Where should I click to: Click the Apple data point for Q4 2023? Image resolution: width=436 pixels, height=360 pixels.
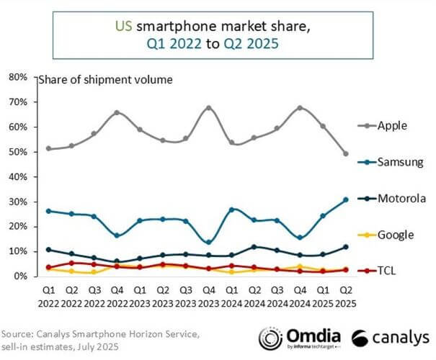coord(209,108)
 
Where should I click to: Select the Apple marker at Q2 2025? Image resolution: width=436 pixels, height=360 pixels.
coord(345,153)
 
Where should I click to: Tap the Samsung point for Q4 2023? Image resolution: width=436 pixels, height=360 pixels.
coord(209,242)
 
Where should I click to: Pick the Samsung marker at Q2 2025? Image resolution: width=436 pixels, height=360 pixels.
coord(345,199)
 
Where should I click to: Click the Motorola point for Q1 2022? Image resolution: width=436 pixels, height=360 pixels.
coord(48,250)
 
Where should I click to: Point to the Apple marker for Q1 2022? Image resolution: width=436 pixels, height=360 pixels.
coord(48,148)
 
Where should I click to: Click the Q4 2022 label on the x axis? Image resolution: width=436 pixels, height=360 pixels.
coord(117,294)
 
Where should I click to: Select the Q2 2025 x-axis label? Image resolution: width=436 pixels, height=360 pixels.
coord(345,294)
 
